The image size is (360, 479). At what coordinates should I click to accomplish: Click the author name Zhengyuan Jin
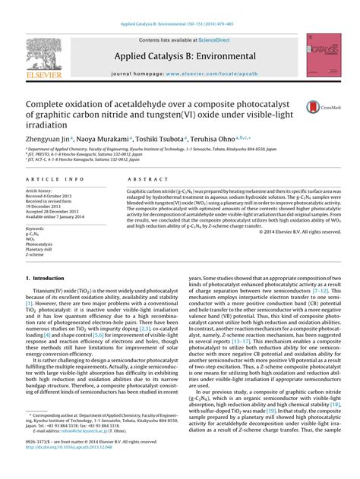click(47, 139)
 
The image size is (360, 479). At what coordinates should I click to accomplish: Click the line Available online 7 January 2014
click(54, 217)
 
